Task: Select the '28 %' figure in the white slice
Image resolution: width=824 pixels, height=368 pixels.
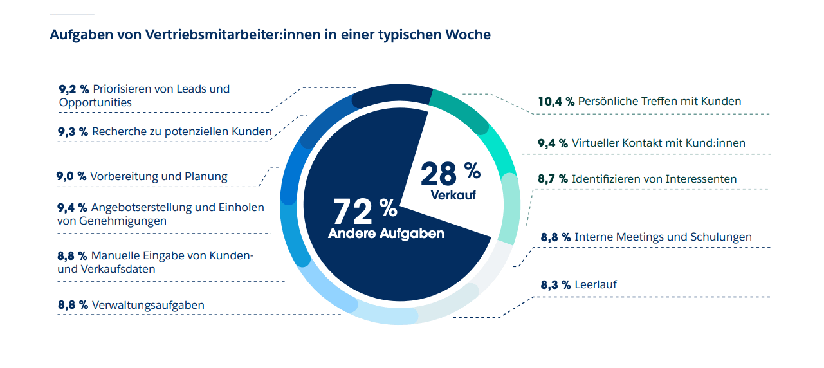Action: pyautogui.click(x=450, y=174)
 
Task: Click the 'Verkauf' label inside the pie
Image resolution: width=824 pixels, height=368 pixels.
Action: pyautogui.click(x=453, y=195)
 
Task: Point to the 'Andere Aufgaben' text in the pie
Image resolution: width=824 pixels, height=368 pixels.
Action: pyautogui.click(x=386, y=234)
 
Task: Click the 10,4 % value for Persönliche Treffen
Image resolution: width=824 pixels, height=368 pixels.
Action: pyautogui.click(x=555, y=101)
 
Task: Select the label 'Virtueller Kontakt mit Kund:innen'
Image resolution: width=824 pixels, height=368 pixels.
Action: pyautogui.click(x=659, y=143)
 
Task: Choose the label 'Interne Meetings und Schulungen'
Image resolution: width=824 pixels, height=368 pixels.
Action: pyautogui.click(x=663, y=237)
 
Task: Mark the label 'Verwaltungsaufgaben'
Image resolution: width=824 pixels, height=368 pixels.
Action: pyautogui.click(x=148, y=304)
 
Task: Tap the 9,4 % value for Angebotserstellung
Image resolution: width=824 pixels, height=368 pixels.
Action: pyautogui.click(x=73, y=207)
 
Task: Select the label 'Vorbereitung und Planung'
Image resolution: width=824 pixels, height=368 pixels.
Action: pyautogui.click(x=159, y=176)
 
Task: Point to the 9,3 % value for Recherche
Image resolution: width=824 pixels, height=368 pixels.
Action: pyautogui.click(x=73, y=131)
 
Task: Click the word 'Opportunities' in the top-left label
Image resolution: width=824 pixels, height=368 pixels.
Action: pyautogui.click(x=95, y=102)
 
